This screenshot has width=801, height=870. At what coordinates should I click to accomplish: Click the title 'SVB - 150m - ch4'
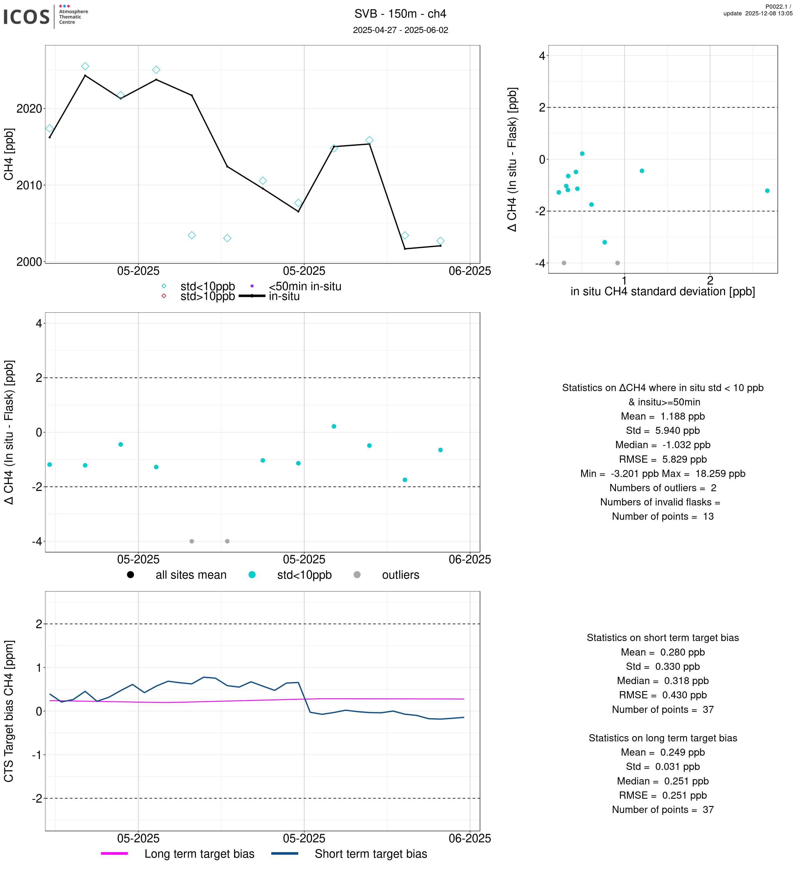click(400, 14)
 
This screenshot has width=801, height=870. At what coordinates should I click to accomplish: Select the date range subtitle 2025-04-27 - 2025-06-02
click(400, 30)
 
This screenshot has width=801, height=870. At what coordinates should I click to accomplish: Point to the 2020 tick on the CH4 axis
click(29, 109)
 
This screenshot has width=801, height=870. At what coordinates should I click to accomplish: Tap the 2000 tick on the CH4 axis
click(29, 262)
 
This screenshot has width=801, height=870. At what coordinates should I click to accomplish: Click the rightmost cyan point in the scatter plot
click(767, 191)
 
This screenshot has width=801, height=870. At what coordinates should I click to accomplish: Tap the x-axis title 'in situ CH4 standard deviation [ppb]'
click(662, 291)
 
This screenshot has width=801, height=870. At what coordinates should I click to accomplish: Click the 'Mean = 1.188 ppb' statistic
click(662, 417)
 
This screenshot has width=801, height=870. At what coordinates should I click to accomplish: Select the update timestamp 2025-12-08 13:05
click(758, 13)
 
